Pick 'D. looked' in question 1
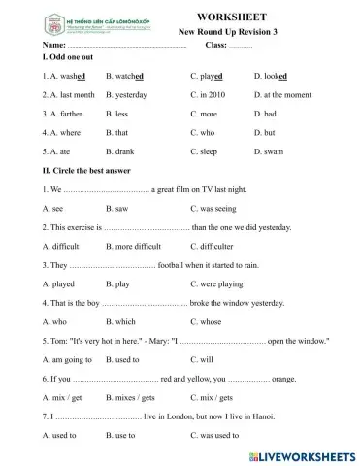[272, 75]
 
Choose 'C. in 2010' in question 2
[211, 95]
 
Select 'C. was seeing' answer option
[218, 208]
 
